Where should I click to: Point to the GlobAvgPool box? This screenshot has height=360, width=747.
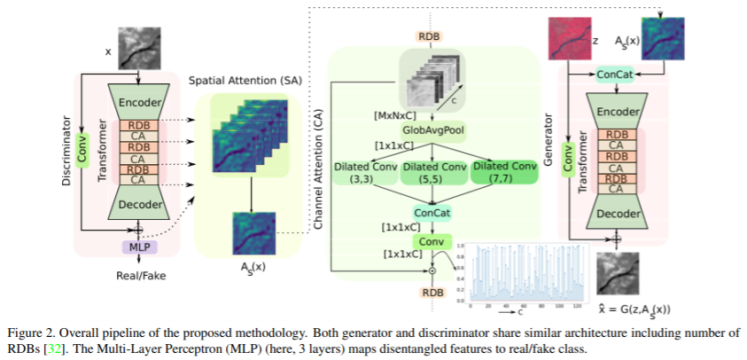432,129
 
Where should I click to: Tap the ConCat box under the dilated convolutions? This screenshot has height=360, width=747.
432,213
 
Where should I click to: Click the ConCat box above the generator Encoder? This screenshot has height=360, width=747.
616,75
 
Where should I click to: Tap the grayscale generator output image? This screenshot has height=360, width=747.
619,275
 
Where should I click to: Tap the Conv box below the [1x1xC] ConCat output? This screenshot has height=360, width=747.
432,242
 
